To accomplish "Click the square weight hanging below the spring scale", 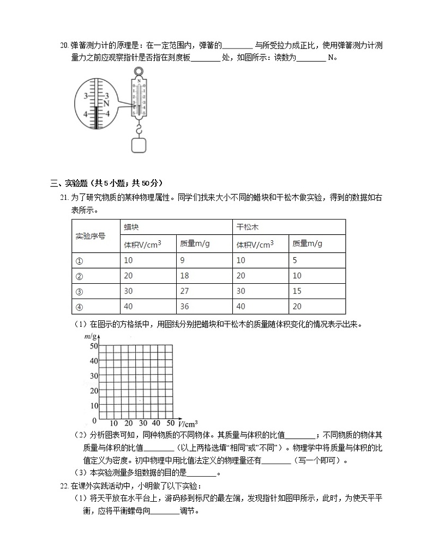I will pos(139,145).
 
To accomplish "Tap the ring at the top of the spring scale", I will pos(139,71).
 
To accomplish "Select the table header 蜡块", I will pos(131,227).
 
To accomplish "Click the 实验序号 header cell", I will pos(90,236).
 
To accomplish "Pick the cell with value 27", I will pos(185,291).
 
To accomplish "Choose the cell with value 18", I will pos(185,276).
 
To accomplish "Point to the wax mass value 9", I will pos(183,260).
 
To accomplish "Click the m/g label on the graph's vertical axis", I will pos(91,338).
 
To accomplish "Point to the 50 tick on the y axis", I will pos(93,346).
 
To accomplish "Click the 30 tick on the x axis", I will pos(143,423).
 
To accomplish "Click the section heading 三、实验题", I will pos(77,182).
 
